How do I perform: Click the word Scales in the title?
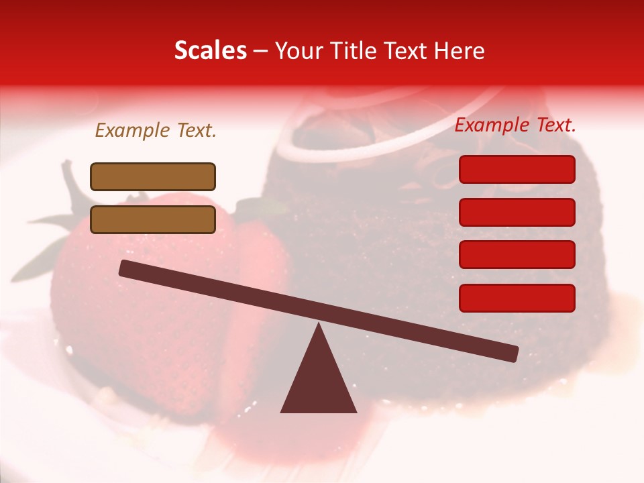(x=210, y=51)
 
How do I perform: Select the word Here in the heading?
(x=459, y=51)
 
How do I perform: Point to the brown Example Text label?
(x=156, y=131)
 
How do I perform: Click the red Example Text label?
(x=515, y=125)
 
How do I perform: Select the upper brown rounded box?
(x=153, y=176)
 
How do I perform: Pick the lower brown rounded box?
(x=153, y=219)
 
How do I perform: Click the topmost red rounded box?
(x=517, y=169)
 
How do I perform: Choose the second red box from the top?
(x=517, y=212)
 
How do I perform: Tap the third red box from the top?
(x=517, y=254)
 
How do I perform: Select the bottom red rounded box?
(x=517, y=298)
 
